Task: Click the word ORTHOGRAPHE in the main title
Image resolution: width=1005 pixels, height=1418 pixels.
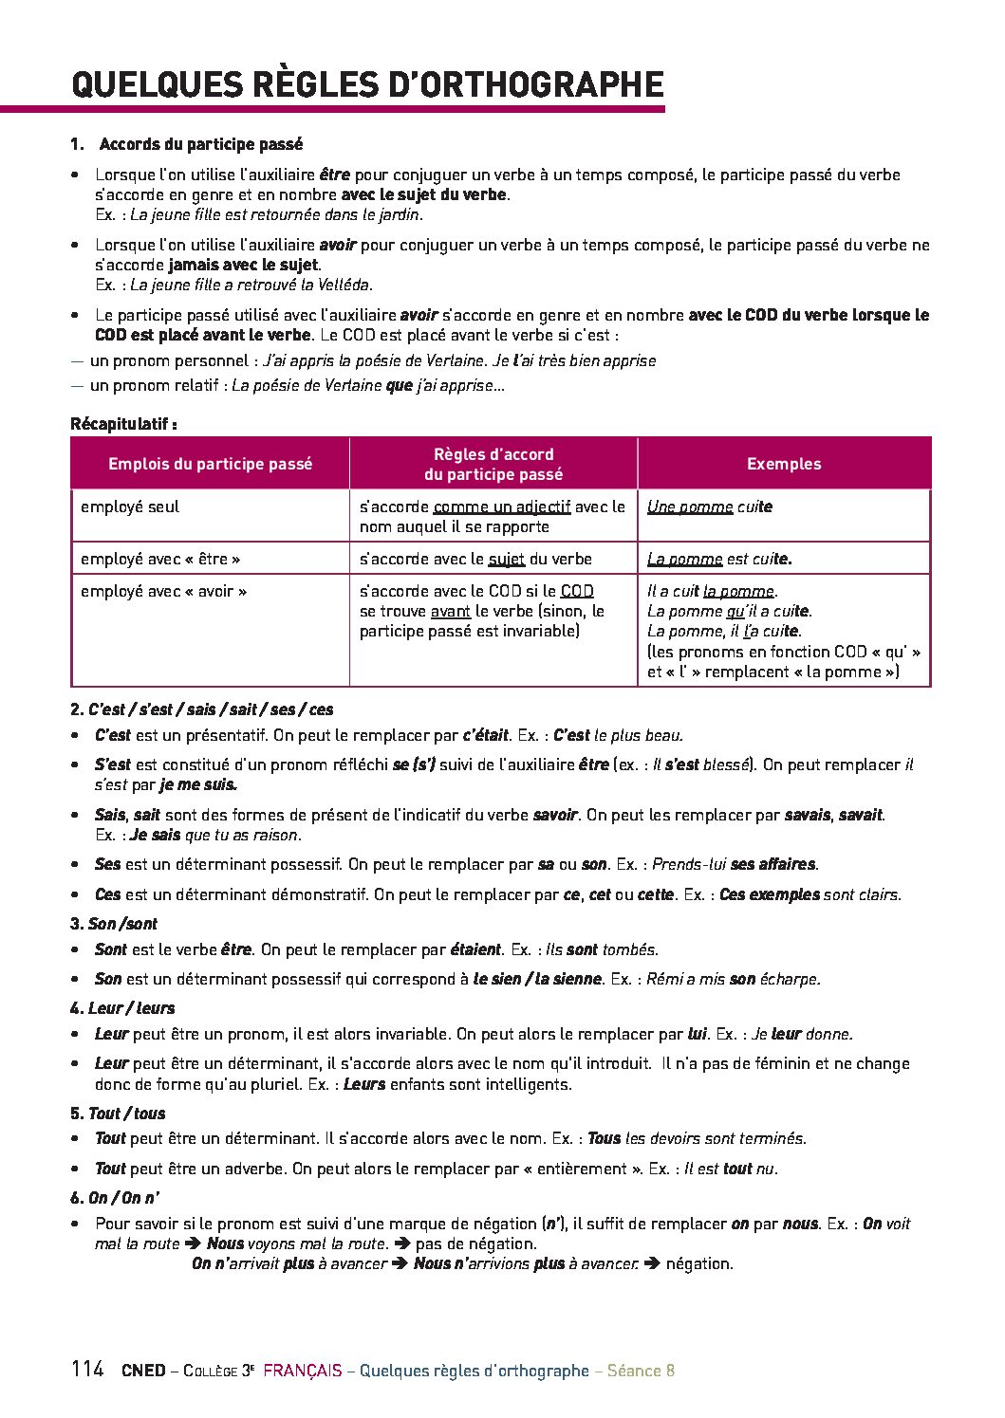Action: (528, 84)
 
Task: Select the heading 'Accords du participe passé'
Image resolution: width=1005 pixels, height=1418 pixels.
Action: (200, 144)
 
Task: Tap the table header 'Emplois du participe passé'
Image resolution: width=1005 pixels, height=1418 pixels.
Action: (210, 464)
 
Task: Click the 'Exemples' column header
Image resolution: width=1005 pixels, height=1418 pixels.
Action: (784, 464)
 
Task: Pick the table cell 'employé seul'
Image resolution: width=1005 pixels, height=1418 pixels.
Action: (130, 506)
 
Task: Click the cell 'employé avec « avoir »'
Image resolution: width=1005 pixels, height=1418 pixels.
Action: (163, 591)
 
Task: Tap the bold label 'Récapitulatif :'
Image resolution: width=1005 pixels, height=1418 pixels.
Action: (124, 424)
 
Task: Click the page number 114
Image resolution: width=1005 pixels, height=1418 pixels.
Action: (86, 1369)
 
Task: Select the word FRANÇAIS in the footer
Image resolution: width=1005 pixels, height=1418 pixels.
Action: (302, 1371)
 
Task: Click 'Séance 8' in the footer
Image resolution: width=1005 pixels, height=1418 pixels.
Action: (641, 1371)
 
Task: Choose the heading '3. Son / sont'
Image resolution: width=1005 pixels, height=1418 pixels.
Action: (114, 924)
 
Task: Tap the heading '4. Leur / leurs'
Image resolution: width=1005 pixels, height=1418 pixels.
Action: (122, 1008)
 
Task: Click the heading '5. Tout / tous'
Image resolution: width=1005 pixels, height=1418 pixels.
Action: (118, 1114)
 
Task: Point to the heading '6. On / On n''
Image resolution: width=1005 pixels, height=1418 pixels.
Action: (114, 1198)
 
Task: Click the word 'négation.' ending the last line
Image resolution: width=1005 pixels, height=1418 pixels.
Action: (699, 1263)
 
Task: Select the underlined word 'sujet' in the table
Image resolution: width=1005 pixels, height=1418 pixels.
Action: (506, 559)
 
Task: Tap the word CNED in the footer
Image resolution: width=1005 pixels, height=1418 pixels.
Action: (143, 1371)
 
